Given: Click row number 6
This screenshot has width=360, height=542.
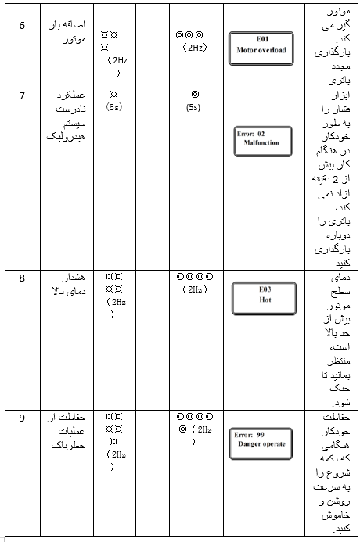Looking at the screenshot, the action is coord(22,25).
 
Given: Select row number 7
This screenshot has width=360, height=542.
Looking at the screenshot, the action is coord(22,95).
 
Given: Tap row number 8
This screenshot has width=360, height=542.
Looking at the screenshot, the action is coord(22,277).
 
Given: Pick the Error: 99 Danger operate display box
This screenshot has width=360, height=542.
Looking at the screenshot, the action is coord(261,440).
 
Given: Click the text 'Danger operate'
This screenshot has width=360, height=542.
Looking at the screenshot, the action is coord(262,444).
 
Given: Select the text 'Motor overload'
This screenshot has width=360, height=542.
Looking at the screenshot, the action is coord(261,50).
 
